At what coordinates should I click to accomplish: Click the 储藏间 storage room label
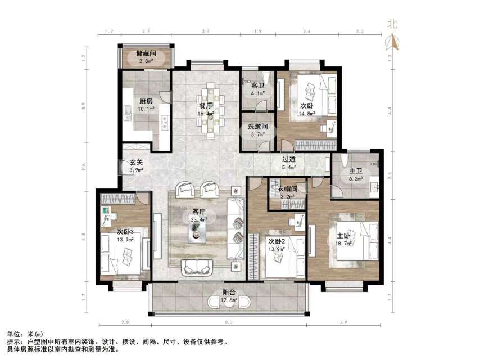(146, 53)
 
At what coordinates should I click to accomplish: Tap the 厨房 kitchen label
(146, 101)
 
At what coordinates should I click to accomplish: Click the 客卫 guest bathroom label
(257, 85)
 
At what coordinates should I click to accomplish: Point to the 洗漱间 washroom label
(258, 127)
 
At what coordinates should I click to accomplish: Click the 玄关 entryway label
(137, 163)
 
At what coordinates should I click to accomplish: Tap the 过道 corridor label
(289, 159)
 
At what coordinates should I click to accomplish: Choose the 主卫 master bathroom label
(356, 171)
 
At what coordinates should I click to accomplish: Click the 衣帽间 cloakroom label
(287, 189)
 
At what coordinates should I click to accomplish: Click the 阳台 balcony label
(229, 292)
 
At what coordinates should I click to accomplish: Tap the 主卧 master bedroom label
(343, 236)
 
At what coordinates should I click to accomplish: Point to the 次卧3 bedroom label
(125, 232)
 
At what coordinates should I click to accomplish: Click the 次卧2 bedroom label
(277, 241)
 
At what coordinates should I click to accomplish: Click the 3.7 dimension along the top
(206, 31)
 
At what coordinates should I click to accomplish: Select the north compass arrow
(393, 42)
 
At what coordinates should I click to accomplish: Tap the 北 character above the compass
(392, 24)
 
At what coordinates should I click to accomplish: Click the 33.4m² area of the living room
(199, 220)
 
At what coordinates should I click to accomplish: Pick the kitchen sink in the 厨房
(128, 112)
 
